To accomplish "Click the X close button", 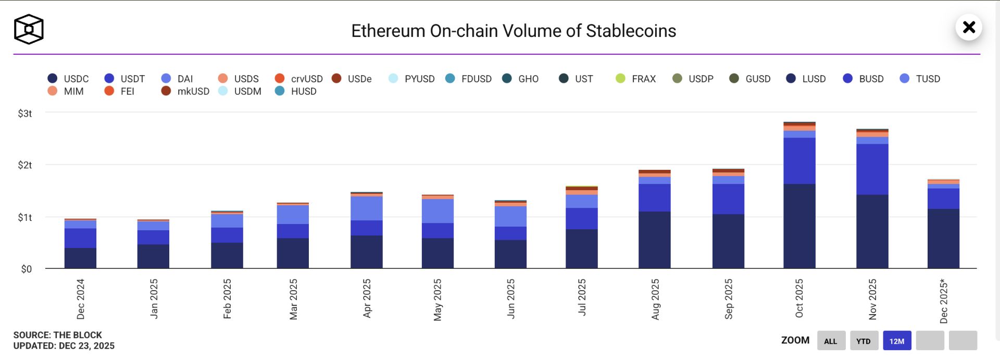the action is pyautogui.click(x=969, y=27).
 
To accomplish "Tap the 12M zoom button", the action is pyautogui.click(x=897, y=341).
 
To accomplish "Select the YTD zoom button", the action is pyautogui.click(x=864, y=341).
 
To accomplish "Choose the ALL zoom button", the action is pyautogui.click(x=831, y=341).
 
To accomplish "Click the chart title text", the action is pyautogui.click(x=514, y=31).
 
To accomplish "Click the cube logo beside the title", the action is pyautogui.click(x=29, y=29).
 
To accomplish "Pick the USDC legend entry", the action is pyautogui.click(x=68, y=79).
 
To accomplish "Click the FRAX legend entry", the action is pyautogui.click(x=635, y=79).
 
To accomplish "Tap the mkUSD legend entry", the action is pyautogui.click(x=185, y=91).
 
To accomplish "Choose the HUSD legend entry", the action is pyautogui.click(x=296, y=91).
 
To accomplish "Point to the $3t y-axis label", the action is pyautogui.click(x=25, y=114).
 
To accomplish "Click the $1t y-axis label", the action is pyautogui.click(x=25, y=217).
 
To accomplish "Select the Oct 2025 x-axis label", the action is pyautogui.click(x=799, y=299).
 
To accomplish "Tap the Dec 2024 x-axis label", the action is pyautogui.click(x=80, y=299).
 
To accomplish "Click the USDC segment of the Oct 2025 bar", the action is pyautogui.click(x=799, y=226).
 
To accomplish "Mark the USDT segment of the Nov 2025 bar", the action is pyautogui.click(x=872, y=169).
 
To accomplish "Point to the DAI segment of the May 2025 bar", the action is pyautogui.click(x=438, y=211).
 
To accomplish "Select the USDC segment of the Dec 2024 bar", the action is pyautogui.click(x=80, y=258).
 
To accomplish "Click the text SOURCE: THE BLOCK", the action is pyautogui.click(x=58, y=335).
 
